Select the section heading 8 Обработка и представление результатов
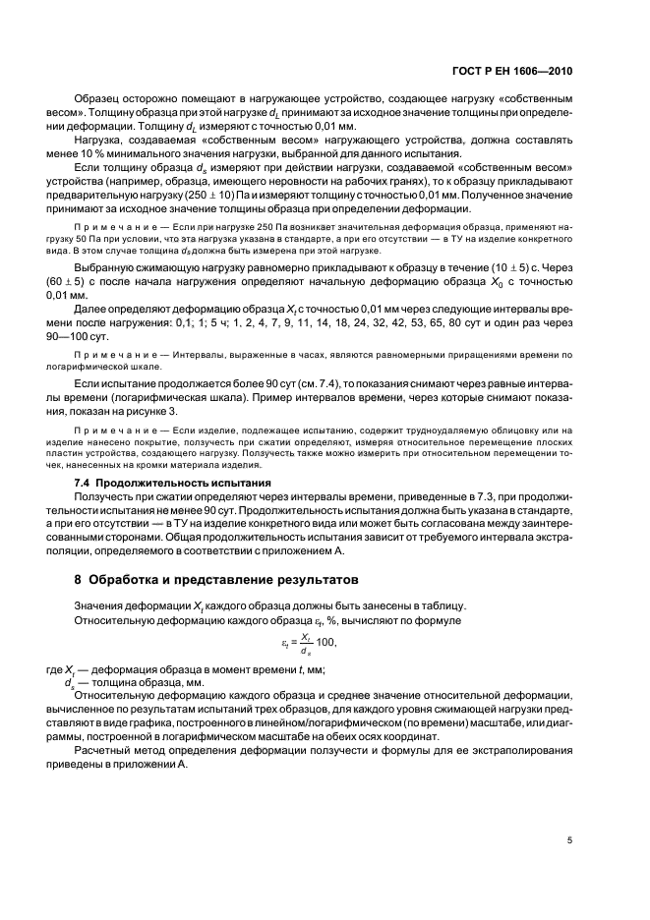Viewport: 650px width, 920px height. point(215,578)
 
